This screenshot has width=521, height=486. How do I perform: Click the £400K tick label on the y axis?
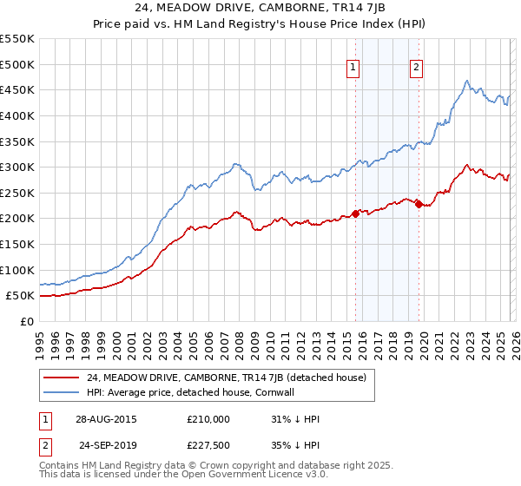pyautogui.click(x=17, y=115)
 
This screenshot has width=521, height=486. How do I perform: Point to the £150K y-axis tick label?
pyautogui.click(x=17, y=244)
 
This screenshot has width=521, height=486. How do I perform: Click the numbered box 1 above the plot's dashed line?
pyautogui.click(x=354, y=69)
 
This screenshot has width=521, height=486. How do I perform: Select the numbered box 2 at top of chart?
pyautogui.click(x=417, y=69)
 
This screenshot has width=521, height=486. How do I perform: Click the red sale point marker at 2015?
pyautogui.click(x=355, y=213)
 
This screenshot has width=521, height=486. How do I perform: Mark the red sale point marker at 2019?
pyautogui.click(x=419, y=205)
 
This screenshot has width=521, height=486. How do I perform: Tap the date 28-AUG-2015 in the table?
pyautogui.click(x=106, y=419)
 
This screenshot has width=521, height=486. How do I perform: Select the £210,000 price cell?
pyautogui.click(x=208, y=419)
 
